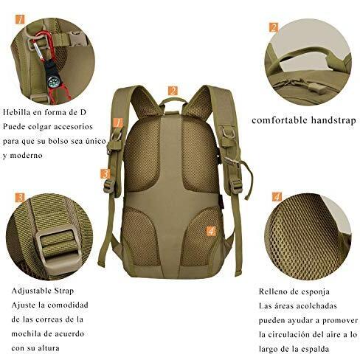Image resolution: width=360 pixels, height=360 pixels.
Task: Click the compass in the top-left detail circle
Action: [53, 81]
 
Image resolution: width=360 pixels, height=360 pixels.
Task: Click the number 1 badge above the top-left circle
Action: [20, 19]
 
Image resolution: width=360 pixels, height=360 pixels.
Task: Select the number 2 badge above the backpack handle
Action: [173, 91]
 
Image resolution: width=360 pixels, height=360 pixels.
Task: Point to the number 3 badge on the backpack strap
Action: [105, 174]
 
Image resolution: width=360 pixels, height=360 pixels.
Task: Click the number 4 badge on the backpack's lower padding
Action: [211, 231]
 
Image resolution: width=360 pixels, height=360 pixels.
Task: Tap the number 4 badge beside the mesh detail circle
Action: [277, 197]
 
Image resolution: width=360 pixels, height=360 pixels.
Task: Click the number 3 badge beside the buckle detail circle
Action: [20, 198]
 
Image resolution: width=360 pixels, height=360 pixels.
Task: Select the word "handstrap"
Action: [333, 120]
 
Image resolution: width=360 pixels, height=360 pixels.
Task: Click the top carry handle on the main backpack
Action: [173, 100]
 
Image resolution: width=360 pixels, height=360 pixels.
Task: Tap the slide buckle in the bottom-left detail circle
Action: [58, 248]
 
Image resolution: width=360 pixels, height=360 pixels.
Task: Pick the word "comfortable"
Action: [280, 120]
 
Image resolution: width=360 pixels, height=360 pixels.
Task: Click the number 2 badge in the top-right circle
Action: [274, 27]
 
